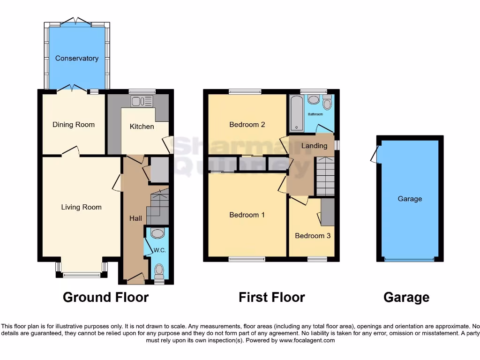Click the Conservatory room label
[x=77, y=58]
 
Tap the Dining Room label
[x=74, y=125]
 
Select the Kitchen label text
[x=142, y=127]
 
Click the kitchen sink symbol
[x=142, y=101]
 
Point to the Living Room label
[x=81, y=207]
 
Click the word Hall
[x=135, y=218]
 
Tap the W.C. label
[x=160, y=250]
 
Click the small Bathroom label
[x=315, y=114]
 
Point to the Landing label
[x=314, y=146]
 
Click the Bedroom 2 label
[x=247, y=125]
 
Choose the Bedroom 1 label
[x=247, y=215]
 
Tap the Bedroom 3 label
[x=313, y=236]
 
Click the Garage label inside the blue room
[x=410, y=199]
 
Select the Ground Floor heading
[x=105, y=297]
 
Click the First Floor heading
[x=271, y=297]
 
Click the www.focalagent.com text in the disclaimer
[x=307, y=340]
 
